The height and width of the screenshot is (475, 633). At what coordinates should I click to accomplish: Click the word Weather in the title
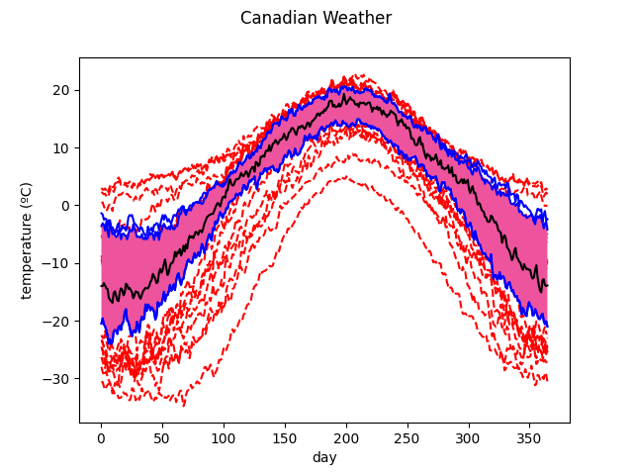tap(357, 18)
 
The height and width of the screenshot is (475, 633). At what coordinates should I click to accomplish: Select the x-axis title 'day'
tap(324, 458)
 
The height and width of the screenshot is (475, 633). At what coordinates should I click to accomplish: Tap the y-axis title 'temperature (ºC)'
tap(27, 240)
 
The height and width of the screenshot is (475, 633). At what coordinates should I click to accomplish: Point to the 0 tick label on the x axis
tap(101, 438)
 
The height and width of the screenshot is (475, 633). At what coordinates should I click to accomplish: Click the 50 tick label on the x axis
tap(162, 438)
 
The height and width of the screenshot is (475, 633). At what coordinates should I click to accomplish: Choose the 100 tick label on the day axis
tap(224, 438)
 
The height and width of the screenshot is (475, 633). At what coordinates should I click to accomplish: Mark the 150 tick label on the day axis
tap(285, 438)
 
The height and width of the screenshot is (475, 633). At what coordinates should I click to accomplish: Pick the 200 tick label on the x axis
tap(346, 438)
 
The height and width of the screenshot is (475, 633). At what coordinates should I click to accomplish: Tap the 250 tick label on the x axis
tap(407, 438)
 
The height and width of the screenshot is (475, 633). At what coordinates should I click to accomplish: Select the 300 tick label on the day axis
tap(469, 438)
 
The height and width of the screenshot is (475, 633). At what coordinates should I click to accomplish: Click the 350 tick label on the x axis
tap(530, 438)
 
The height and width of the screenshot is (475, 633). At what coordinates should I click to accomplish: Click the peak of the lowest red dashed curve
tap(345, 177)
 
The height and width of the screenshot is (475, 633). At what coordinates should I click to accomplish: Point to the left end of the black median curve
tap(101, 285)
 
